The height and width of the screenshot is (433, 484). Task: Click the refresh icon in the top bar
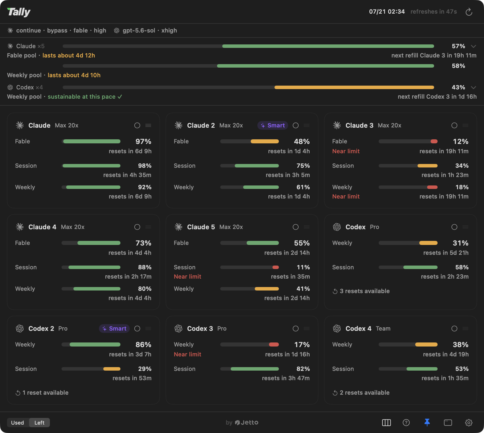coord(469,12)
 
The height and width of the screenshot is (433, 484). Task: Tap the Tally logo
coord(19,12)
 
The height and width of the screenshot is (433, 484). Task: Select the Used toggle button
coord(17,423)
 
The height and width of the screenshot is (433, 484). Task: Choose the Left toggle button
coord(39,423)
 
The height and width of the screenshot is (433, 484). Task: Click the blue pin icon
coord(427,422)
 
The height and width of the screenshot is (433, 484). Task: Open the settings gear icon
coord(469,423)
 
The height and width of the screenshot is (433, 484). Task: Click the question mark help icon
coord(406,423)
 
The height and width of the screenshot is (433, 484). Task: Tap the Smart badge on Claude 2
coord(273,125)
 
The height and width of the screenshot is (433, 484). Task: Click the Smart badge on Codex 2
coord(114,329)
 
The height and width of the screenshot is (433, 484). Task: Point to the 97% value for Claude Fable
coord(143,141)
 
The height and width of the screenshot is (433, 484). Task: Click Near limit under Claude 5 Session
coord(187,277)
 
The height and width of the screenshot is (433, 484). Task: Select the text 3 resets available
coord(365,291)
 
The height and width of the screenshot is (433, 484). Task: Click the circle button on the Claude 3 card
coord(454,125)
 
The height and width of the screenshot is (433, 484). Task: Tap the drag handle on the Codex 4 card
coord(465,329)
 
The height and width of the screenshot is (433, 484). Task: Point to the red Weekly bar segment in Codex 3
coord(274,344)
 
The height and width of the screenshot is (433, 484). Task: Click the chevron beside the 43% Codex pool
coord(474,87)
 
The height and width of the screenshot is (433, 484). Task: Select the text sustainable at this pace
coord(82,97)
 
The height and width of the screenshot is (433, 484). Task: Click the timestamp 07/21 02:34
coord(387,12)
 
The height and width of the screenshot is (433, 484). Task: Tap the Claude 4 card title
coord(42,227)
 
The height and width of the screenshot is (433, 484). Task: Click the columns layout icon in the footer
coord(387,423)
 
